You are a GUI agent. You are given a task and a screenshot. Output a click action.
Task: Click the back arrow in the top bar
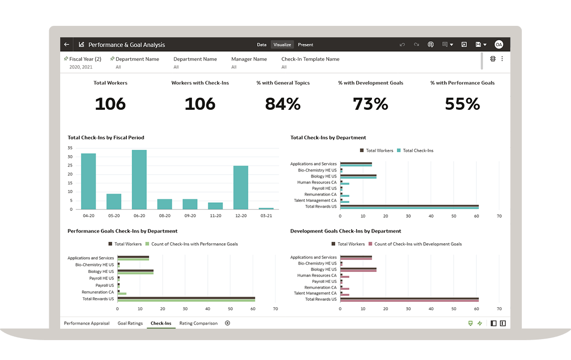tap(67, 45)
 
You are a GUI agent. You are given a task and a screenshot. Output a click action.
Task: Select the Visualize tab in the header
tap(282, 45)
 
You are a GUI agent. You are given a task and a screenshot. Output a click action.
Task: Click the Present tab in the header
tap(305, 45)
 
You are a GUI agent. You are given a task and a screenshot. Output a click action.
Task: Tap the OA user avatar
tap(498, 45)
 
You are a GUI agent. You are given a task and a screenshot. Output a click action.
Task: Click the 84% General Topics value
tap(283, 104)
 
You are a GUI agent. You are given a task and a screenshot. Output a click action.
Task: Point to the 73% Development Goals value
tap(370, 104)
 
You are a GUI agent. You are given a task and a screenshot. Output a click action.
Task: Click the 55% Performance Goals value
tap(462, 104)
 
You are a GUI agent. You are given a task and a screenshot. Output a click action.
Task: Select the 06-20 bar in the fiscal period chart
tap(139, 180)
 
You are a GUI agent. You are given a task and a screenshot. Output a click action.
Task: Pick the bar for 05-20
tap(114, 201)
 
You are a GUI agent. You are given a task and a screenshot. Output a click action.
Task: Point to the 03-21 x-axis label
tap(266, 216)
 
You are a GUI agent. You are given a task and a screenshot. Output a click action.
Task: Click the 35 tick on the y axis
tap(70, 148)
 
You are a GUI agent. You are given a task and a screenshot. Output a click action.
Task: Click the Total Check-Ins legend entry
tap(418, 151)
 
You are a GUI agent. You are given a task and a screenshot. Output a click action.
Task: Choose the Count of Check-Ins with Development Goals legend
tap(418, 244)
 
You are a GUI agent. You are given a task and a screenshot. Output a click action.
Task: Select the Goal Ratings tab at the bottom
tap(130, 323)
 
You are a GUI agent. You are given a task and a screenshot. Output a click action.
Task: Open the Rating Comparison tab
tap(198, 323)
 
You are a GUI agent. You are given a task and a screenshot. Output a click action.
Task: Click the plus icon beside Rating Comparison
tap(227, 323)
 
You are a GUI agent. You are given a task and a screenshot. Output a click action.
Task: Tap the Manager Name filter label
tap(249, 59)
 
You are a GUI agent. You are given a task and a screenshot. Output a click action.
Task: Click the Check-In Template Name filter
tap(310, 59)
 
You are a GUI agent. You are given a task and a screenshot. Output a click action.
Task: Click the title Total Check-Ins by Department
tap(328, 138)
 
